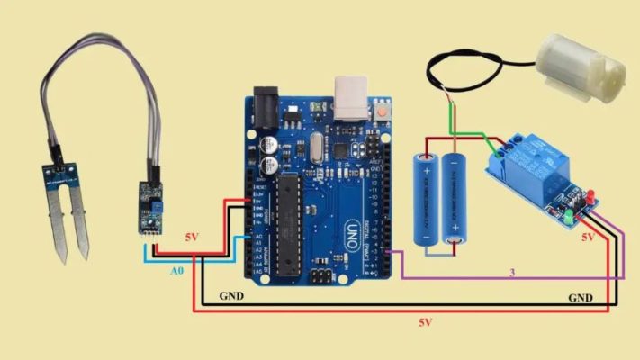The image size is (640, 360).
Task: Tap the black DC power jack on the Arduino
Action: (266, 104)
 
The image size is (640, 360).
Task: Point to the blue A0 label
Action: (180, 268)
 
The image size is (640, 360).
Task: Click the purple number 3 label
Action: (512, 271)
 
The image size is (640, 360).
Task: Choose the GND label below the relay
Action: (580, 296)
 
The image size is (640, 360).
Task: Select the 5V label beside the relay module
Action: (588, 238)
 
